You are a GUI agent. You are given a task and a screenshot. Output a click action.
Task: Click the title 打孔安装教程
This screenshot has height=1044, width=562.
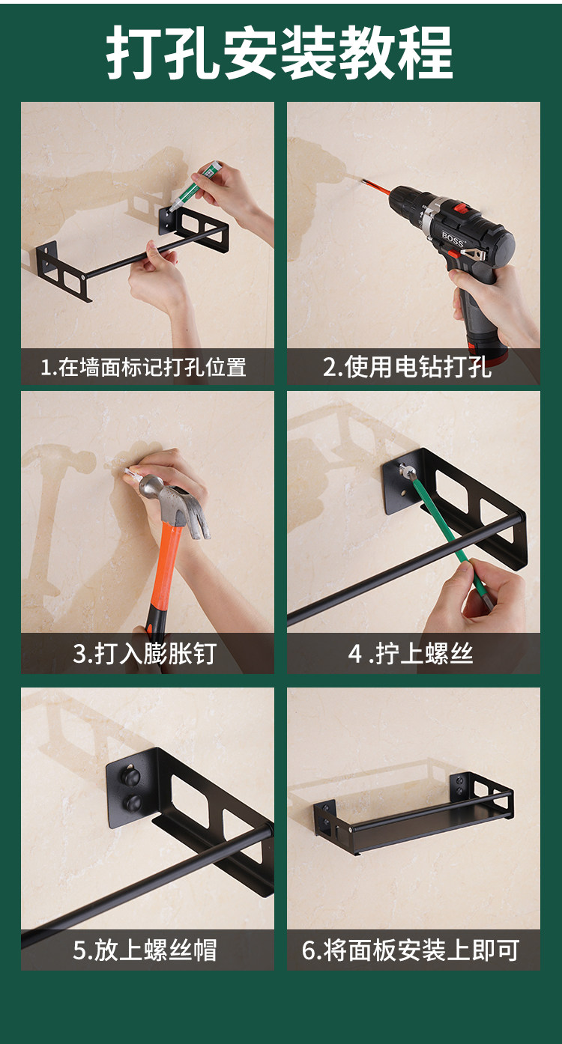point(280,52)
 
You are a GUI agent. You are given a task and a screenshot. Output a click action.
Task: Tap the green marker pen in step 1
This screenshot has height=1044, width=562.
point(195,184)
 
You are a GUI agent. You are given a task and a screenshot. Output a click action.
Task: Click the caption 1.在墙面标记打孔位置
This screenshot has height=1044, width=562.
point(143,367)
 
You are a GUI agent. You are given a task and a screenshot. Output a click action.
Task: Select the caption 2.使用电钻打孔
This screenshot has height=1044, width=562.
point(407,367)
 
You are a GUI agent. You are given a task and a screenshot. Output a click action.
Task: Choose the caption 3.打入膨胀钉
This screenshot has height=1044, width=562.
point(145,653)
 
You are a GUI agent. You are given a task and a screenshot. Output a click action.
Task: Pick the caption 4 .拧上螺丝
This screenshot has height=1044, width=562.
point(411,653)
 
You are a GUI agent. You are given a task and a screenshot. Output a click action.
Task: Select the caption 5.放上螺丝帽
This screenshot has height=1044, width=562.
point(145,950)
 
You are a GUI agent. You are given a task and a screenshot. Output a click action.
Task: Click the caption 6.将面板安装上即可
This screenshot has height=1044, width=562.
point(411,950)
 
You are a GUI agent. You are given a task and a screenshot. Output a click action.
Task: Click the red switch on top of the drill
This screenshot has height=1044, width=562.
point(462,207)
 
